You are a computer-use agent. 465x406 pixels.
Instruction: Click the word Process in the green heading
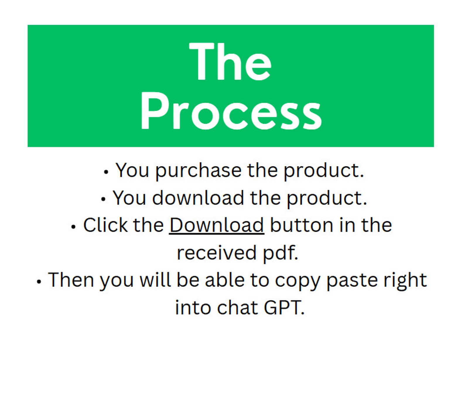[231, 111]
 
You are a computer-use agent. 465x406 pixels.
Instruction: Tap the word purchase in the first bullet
[198, 171]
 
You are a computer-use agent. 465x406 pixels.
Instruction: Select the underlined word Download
[217, 225]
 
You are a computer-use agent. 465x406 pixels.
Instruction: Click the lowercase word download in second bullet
[198, 198]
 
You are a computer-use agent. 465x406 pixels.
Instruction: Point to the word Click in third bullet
[105, 225]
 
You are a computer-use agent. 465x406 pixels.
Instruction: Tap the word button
[302, 225]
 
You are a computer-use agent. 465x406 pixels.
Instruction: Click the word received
[217, 253]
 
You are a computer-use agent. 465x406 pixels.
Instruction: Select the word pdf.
[280, 253]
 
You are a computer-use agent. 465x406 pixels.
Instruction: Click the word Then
[71, 280]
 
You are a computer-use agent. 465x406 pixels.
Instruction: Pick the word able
[225, 280]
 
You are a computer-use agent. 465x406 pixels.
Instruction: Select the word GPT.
[284, 308]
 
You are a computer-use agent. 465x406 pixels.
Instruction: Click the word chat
[237, 308]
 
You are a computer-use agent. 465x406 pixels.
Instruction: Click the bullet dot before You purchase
[106, 172]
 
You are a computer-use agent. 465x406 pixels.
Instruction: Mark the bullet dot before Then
[39, 282]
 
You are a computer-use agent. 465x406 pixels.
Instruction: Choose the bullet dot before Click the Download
[73, 227]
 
